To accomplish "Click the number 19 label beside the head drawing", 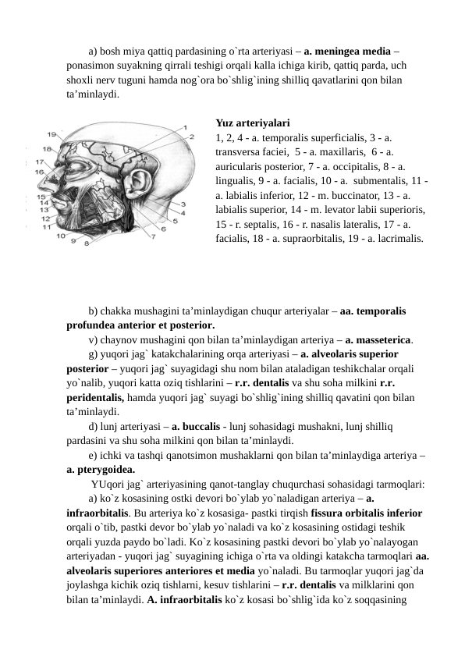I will pyautogui.click(x=51, y=133).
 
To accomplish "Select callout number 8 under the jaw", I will pyautogui.click(x=87, y=243).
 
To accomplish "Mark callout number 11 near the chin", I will pyautogui.click(x=48, y=228).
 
